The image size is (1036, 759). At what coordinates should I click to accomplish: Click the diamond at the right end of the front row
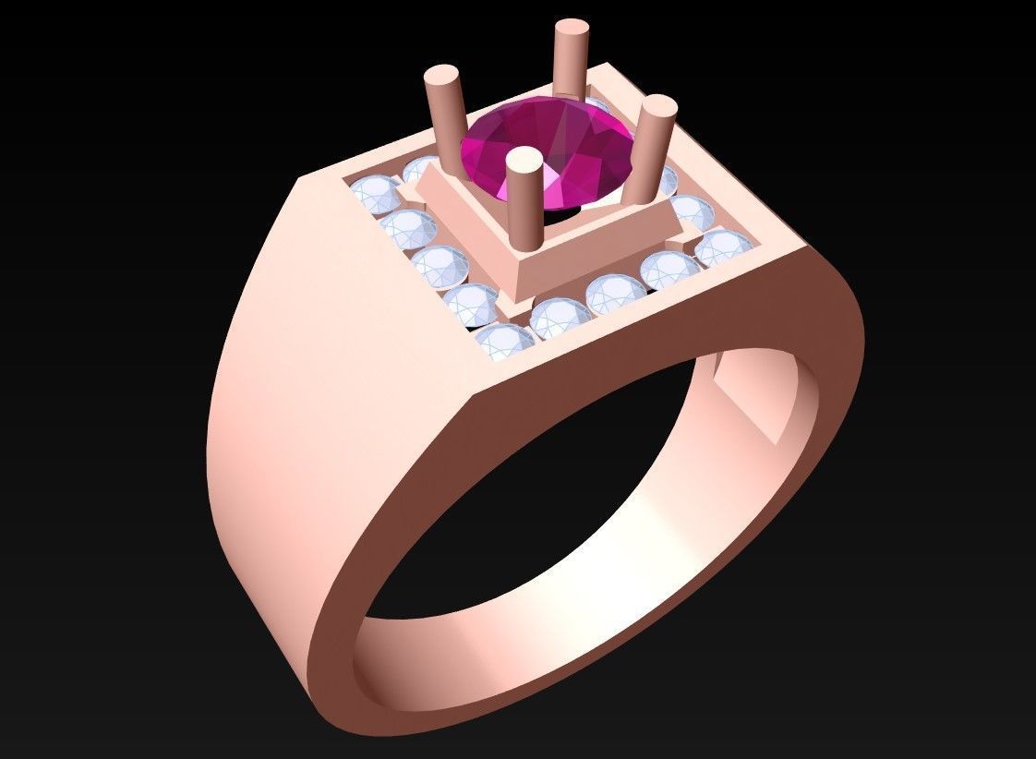pyautogui.click(x=724, y=248)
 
